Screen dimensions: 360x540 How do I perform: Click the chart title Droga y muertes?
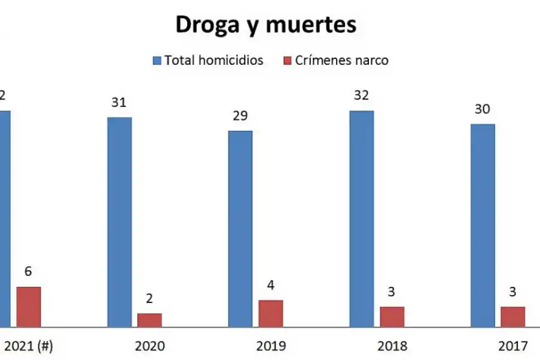pos(265,24)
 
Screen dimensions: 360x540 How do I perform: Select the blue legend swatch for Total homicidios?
pos(157,61)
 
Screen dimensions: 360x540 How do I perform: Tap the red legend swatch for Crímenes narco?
pos(287,61)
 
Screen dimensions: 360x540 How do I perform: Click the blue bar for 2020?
pos(119,222)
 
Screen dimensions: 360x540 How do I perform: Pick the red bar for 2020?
pos(149,320)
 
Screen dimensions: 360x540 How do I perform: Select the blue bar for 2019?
pos(240,229)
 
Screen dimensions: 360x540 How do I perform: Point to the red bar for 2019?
pos(271,313)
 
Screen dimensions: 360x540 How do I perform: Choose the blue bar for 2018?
pos(361,219)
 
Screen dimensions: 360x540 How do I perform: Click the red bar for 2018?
pos(392,317)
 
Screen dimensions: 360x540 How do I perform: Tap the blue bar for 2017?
pos(482,226)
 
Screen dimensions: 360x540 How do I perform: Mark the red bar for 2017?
pos(513,317)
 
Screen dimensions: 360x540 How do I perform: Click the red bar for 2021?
pos(28,307)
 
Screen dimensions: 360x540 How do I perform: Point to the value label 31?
pos(119,102)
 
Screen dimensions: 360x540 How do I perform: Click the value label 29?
pos(240,116)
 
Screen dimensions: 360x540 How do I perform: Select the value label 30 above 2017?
pos(482,109)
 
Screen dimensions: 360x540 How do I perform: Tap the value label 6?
pos(28,272)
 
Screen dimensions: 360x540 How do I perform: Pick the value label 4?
pos(271,285)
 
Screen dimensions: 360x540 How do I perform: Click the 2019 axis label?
pos(271,346)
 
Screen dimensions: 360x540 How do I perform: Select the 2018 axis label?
pos(392,346)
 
